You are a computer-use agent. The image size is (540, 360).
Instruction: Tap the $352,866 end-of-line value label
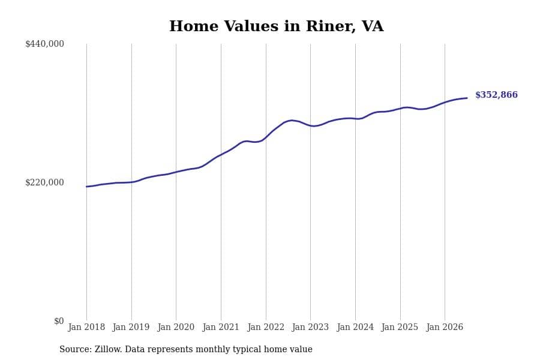coord(496,95)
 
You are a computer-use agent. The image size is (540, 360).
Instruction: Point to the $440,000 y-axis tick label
coord(44,44)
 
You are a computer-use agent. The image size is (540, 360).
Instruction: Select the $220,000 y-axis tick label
coord(44,182)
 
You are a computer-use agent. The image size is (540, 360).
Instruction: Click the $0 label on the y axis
coord(59,321)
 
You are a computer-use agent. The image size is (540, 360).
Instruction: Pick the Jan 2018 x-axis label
coord(86,327)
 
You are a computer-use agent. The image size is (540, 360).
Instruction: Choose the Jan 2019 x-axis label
coord(131,327)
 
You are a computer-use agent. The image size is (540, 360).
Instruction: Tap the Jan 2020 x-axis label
coord(176,327)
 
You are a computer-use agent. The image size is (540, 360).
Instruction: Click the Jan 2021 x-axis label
coord(220,327)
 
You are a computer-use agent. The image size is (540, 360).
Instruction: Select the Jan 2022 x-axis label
coord(266,327)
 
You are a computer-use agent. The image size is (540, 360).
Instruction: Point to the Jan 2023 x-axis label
coord(310,327)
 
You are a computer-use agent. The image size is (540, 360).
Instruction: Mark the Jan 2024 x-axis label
coord(355,327)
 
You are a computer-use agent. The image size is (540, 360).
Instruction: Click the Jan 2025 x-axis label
coord(400,327)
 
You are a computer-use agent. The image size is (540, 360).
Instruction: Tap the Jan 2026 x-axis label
coord(445,327)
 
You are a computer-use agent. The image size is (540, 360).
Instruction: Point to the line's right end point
coord(467,98)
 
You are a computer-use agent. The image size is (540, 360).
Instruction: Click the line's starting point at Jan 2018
coord(87,187)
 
